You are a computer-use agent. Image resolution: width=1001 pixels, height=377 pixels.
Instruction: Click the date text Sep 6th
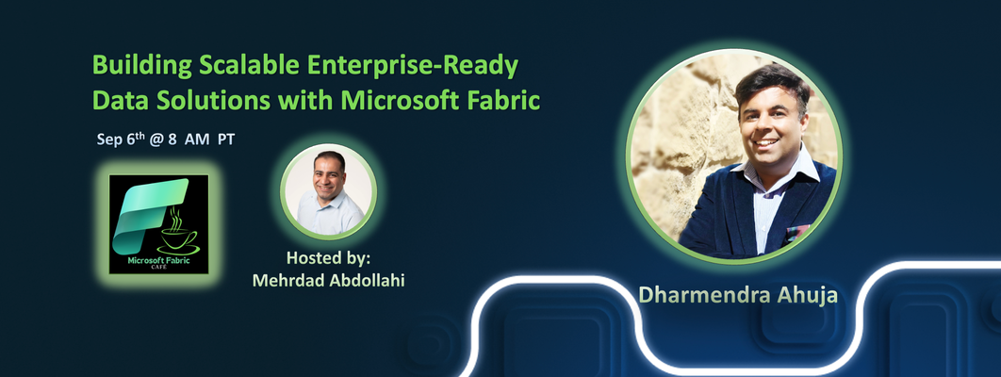(120, 139)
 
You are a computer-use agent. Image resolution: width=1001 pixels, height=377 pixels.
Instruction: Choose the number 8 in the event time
(172, 139)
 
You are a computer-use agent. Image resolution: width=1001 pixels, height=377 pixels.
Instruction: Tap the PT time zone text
(226, 139)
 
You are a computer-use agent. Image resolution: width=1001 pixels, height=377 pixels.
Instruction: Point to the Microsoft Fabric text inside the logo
(158, 260)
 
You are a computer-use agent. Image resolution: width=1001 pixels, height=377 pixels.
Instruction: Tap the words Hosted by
(328, 258)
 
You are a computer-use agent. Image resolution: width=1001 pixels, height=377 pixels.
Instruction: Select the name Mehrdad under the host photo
(286, 280)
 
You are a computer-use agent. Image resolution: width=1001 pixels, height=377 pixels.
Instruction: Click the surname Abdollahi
(365, 280)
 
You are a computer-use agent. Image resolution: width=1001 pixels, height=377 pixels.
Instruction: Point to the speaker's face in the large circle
(773, 127)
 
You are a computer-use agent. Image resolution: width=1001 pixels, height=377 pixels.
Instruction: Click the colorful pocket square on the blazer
(797, 232)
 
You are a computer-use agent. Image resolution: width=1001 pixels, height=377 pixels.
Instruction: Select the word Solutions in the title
(205, 101)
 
